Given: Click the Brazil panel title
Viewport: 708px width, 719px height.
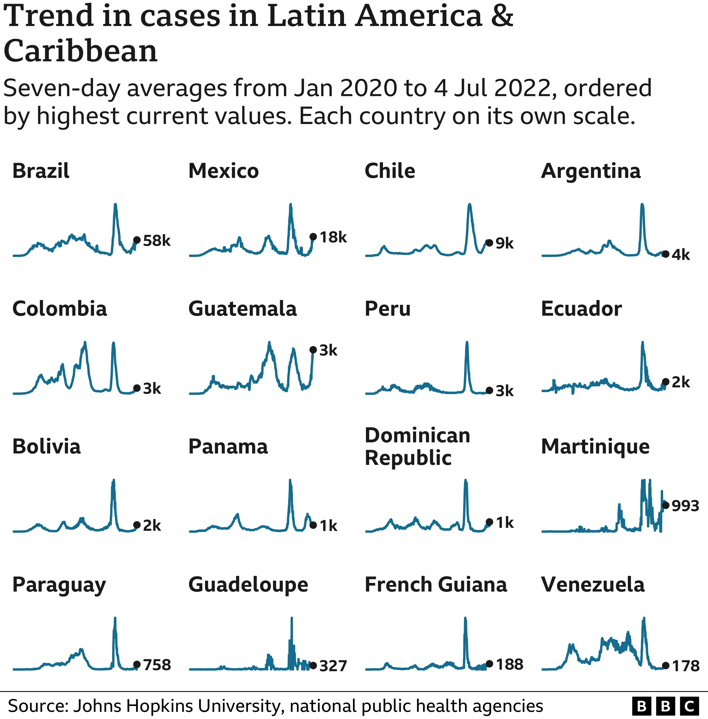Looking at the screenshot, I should pos(41,171).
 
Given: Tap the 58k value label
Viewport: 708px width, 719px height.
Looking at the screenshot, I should pos(156,241).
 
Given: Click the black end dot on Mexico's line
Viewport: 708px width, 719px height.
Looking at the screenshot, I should pos(313,237).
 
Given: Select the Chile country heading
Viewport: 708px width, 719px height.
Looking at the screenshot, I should pos(390,171).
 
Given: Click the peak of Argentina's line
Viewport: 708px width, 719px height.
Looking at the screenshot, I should pos(642,204).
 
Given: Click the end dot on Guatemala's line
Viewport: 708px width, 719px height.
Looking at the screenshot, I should pos(313,349).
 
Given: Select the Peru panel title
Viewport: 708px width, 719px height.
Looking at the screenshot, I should pos(387,309).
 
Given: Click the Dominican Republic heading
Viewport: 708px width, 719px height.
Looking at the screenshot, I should pos(417,446).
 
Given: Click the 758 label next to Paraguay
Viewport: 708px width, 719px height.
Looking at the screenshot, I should pos(157,665).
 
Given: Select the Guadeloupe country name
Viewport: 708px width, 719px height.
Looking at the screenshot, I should pos(248,584).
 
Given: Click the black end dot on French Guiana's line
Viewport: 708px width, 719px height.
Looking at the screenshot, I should pos(489,664).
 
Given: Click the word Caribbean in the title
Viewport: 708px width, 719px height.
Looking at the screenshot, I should pos(80,51).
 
